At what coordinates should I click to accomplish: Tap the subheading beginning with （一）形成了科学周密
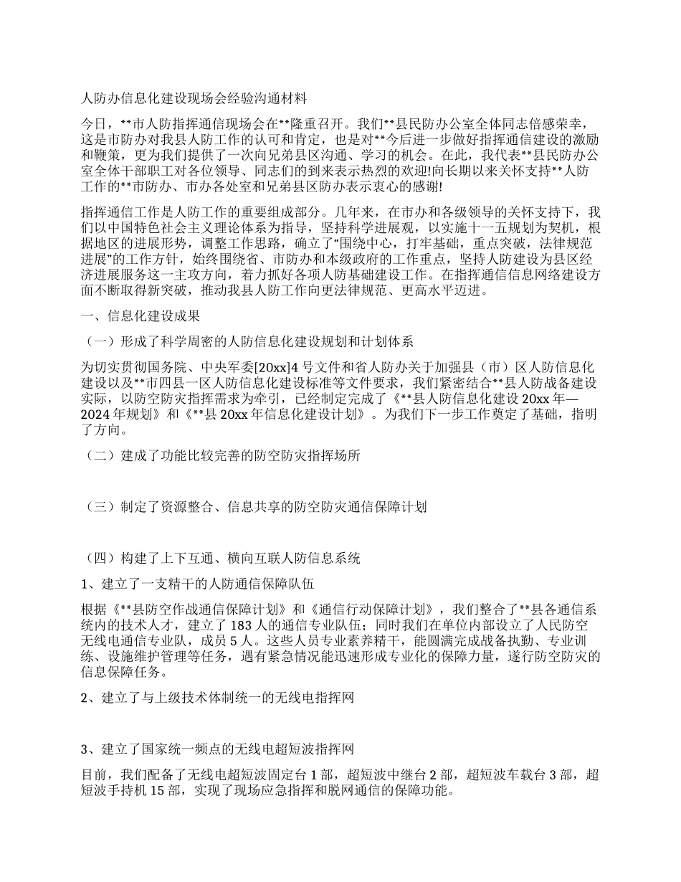pos(250,341)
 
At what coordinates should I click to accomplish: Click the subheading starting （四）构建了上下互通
pos(223,557)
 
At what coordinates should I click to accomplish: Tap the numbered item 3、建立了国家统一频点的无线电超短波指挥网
pos(217,749)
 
